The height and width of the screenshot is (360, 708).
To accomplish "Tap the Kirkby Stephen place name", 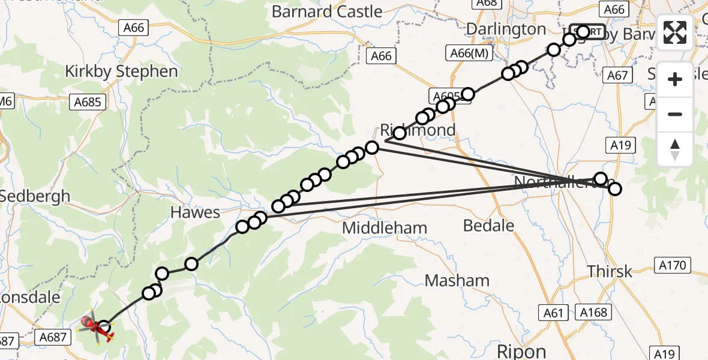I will tap(121, 71).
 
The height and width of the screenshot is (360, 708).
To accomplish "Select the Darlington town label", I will tap(506, 29).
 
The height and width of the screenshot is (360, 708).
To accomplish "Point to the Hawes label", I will tap(195, 212).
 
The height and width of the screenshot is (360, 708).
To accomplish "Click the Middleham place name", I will tap(385, 228).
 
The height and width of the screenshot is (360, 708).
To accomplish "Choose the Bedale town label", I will tap(489, 226).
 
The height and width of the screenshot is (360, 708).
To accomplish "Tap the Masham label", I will tap(457, 280).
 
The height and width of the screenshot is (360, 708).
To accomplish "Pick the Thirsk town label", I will tap(610, 271).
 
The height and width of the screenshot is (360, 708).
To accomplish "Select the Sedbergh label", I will tap(35, 196).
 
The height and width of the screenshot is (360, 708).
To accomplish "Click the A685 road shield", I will tap(88, 102).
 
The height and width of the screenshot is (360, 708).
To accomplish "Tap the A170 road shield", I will tap(673, 265).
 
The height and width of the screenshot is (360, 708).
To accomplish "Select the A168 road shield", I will tap(594, 312).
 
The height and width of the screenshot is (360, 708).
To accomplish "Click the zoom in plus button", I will tap(675, 79).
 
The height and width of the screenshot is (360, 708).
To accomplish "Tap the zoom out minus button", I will tap(675, 114).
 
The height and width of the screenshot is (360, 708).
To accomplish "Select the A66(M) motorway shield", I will tap(470, 54).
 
